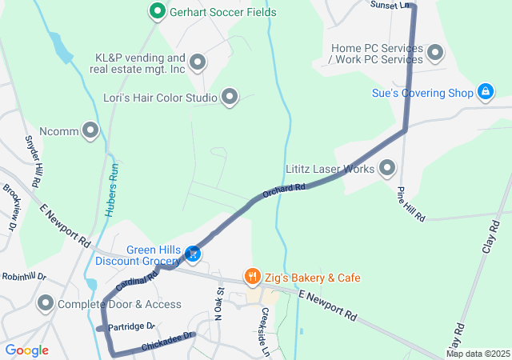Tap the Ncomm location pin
click(91, 129)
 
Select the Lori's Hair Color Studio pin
click(230, 98)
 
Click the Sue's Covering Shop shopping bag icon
click(485, 93)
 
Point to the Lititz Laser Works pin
click(388, 169)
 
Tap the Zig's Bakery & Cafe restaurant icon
click(253, 277)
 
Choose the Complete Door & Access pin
click(46, 304)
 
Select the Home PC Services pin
click(435, 54)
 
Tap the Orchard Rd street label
click(285, 190)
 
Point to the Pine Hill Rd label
click(410, 204)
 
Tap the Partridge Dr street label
click(131, 326)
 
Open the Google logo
click(26, 350)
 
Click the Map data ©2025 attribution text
click(478, 354)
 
